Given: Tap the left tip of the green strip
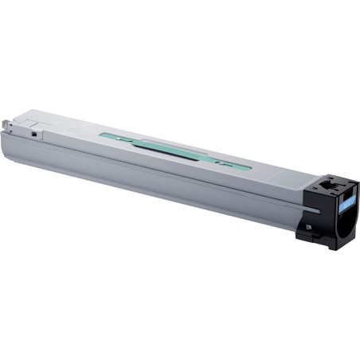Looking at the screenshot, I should pyautogui.click(x=101, y=136).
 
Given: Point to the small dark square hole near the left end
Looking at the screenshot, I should pyautogui.click(x=34, y=133).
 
